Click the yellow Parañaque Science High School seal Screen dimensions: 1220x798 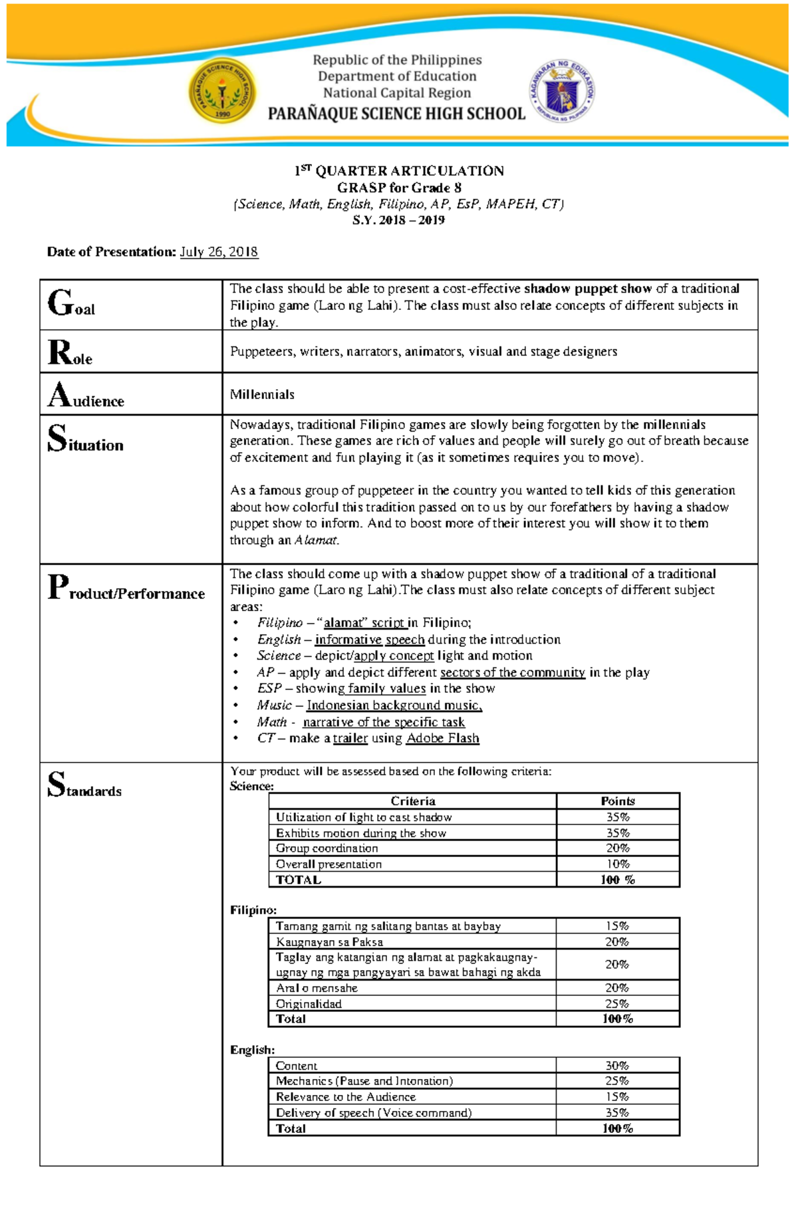(x=222, y=90)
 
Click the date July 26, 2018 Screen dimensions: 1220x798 (x=219, y=252)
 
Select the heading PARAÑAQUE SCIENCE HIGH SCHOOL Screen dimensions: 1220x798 (x=396, y=114)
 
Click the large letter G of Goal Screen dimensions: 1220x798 (x=60, y=303)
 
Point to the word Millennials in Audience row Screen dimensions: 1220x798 (x=262, y=394)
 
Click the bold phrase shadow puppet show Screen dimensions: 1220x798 (x=588, y=289)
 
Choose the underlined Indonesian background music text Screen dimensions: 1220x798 (x=394, y=705)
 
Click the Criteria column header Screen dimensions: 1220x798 (x=413, y=801)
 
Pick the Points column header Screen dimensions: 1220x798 (x=617, y=801)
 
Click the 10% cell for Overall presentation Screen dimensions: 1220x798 (x=617, y=864)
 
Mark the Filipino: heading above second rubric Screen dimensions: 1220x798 (x=253, y=910)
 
